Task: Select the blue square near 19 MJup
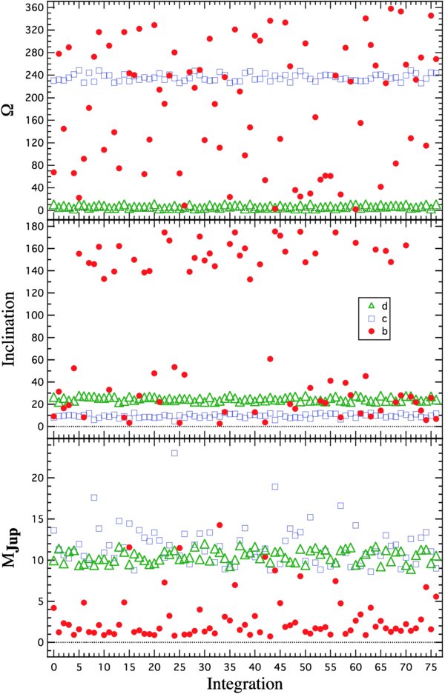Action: coord(275,487)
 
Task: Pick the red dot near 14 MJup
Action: coord(220,525)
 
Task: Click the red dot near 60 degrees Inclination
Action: coord(270,359)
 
